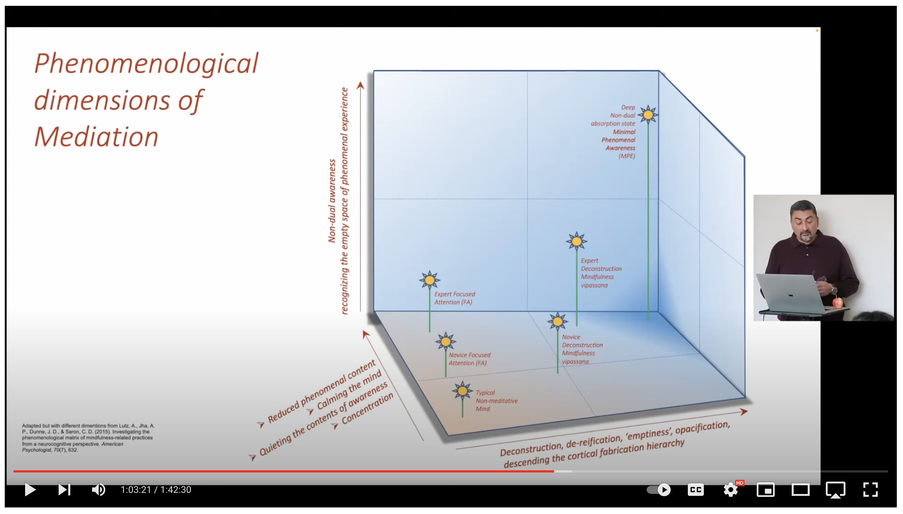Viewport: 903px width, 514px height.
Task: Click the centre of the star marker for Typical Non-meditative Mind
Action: click(462, 391)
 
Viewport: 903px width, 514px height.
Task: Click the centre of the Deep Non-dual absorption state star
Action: click(648, 115)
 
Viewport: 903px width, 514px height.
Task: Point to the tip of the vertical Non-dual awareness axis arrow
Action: click(360, 82)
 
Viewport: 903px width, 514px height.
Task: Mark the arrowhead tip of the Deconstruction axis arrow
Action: click(748, 411)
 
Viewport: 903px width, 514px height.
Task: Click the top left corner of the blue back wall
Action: click(374, 71)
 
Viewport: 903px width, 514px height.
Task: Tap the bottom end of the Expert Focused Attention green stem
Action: click(430, 332)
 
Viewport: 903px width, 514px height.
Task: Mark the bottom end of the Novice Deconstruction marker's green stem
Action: click(557, 373)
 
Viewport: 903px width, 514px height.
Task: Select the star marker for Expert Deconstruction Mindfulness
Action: click(577, 241)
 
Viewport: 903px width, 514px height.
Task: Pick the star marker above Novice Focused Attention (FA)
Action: click(446, 342)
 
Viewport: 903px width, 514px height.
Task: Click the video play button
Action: click(30, 490)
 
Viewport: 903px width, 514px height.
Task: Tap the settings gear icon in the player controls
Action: click(730, 490)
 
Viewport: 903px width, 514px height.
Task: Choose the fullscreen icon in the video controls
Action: click(871, 490)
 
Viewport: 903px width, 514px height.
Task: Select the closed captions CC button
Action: click(695, 490)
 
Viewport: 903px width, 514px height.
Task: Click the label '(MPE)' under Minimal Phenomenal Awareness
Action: click(627, 156)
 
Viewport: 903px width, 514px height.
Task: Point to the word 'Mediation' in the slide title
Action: click(96, 137)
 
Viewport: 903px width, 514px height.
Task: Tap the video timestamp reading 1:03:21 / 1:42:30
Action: click(156, 490)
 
